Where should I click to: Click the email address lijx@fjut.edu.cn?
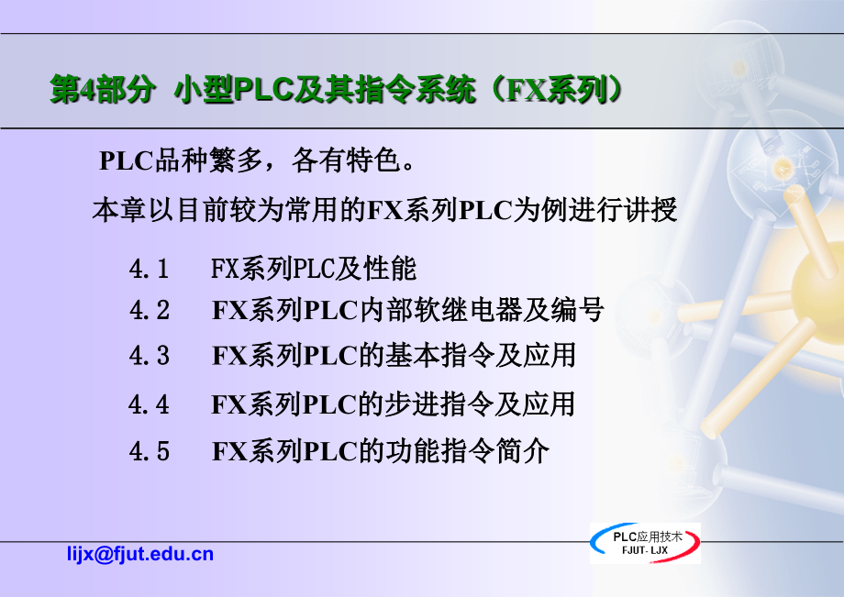[140, 554]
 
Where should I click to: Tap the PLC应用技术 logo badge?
[645, 543]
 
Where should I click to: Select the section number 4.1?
[150, 269]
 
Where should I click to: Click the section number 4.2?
[150, 310]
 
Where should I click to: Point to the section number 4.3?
[150, 356]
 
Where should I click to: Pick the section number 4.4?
[150, 404]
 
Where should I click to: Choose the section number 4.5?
[150, 450]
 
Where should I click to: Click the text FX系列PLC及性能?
[313, 269]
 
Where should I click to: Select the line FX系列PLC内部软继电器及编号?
[407, 310]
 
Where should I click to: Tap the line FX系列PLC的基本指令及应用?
[394, 356]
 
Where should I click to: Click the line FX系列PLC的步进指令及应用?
[393, 404]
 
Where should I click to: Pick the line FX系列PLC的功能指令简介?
[381, 450]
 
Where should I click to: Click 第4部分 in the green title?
[102, 89]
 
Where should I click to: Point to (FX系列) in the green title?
[557, 89]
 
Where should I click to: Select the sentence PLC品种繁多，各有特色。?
[257, 160]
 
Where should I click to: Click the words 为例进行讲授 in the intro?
[595, 209]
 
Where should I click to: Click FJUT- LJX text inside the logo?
[645, 550]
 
